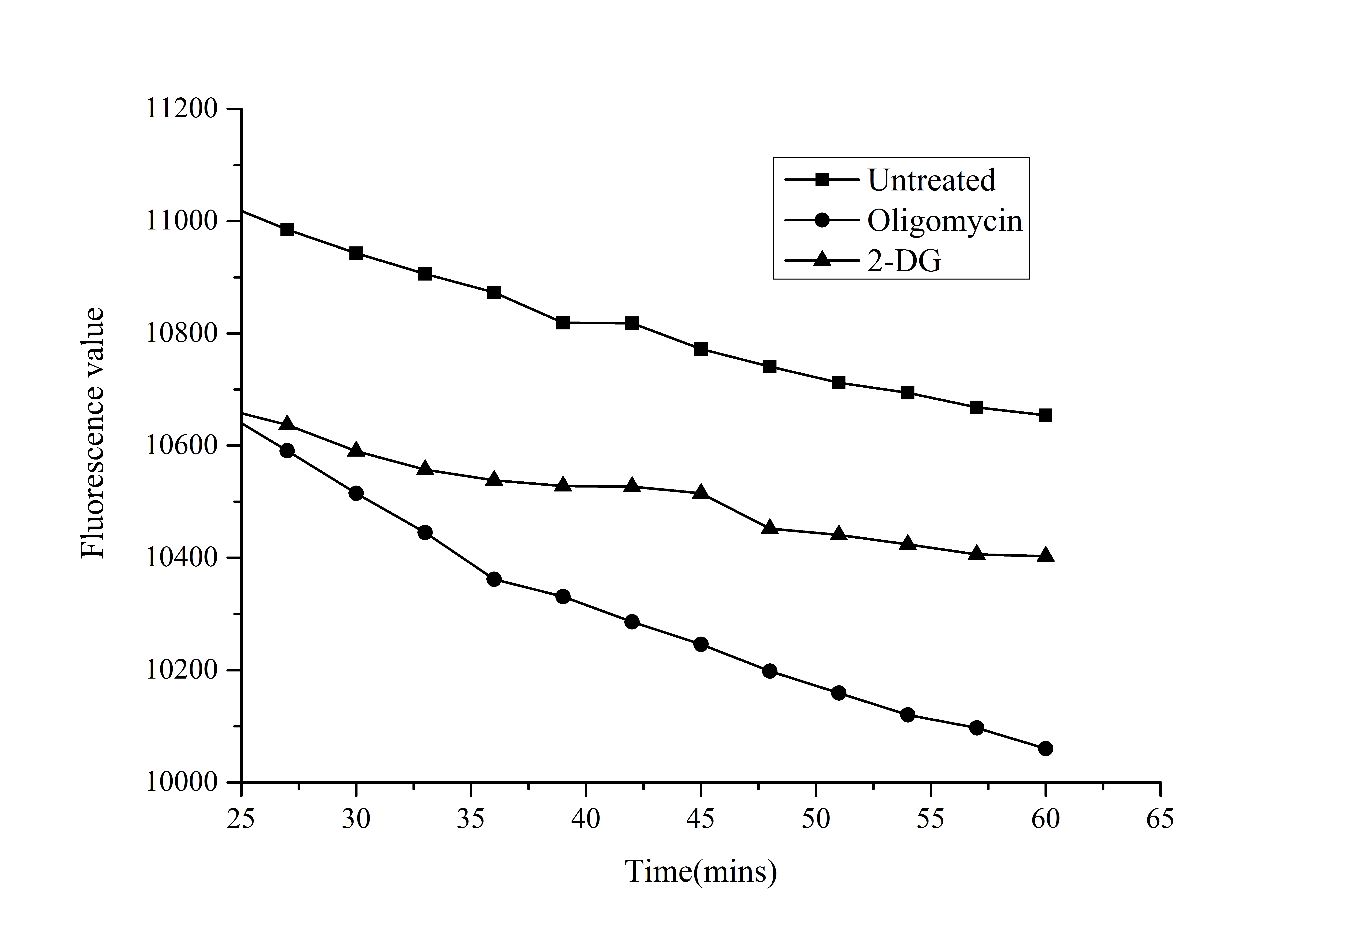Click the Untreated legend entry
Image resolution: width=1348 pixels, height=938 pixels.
[x=931, y=180]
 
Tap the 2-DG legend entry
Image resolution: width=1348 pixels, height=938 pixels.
[x=904, y=261]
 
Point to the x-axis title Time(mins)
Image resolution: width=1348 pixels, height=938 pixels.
[x=700, y=871]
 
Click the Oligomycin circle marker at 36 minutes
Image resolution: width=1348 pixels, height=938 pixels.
[x=494, y=579]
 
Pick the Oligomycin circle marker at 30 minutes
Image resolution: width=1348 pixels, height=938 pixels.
[x=356, y=493]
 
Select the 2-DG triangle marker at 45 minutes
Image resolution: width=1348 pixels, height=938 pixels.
[x=700, y=492]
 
